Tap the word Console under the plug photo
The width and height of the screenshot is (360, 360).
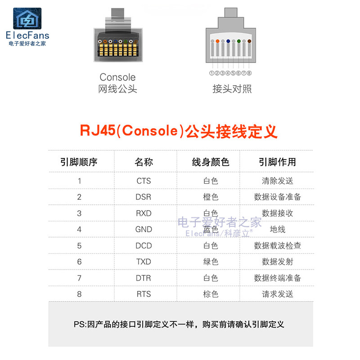click(x=117, y=77)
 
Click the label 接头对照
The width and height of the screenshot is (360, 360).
click(x=232, y=89)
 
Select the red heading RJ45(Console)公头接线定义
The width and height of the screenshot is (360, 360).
click(x=179, y=130)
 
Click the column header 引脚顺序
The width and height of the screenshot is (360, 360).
click(x=79, y=162)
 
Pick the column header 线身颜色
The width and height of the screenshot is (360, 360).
click(x=211, y=162)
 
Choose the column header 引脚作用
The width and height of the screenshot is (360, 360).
click(x=277, y=162)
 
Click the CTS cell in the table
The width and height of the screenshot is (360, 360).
click(x=144, y=181)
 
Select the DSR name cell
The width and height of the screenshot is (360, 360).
click(x=144, y=197)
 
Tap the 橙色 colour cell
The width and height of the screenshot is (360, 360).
click(x=211, y=197)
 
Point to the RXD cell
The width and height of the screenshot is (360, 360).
click(x=144, y=213)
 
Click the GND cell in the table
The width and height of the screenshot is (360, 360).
click(x=144, y=229)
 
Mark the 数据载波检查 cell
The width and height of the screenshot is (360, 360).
click(x=277, y=246)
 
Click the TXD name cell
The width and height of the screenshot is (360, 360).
click(x=144, y=262)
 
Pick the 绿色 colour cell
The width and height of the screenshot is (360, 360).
click(x=211, y=262)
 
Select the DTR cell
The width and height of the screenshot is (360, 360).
click(x=144, y=278)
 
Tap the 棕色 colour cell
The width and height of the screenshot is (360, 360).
click(x=211, y=294)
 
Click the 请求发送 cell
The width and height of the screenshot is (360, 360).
click(x=277, y=294)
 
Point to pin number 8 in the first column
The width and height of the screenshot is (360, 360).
click(x=79, y=294)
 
